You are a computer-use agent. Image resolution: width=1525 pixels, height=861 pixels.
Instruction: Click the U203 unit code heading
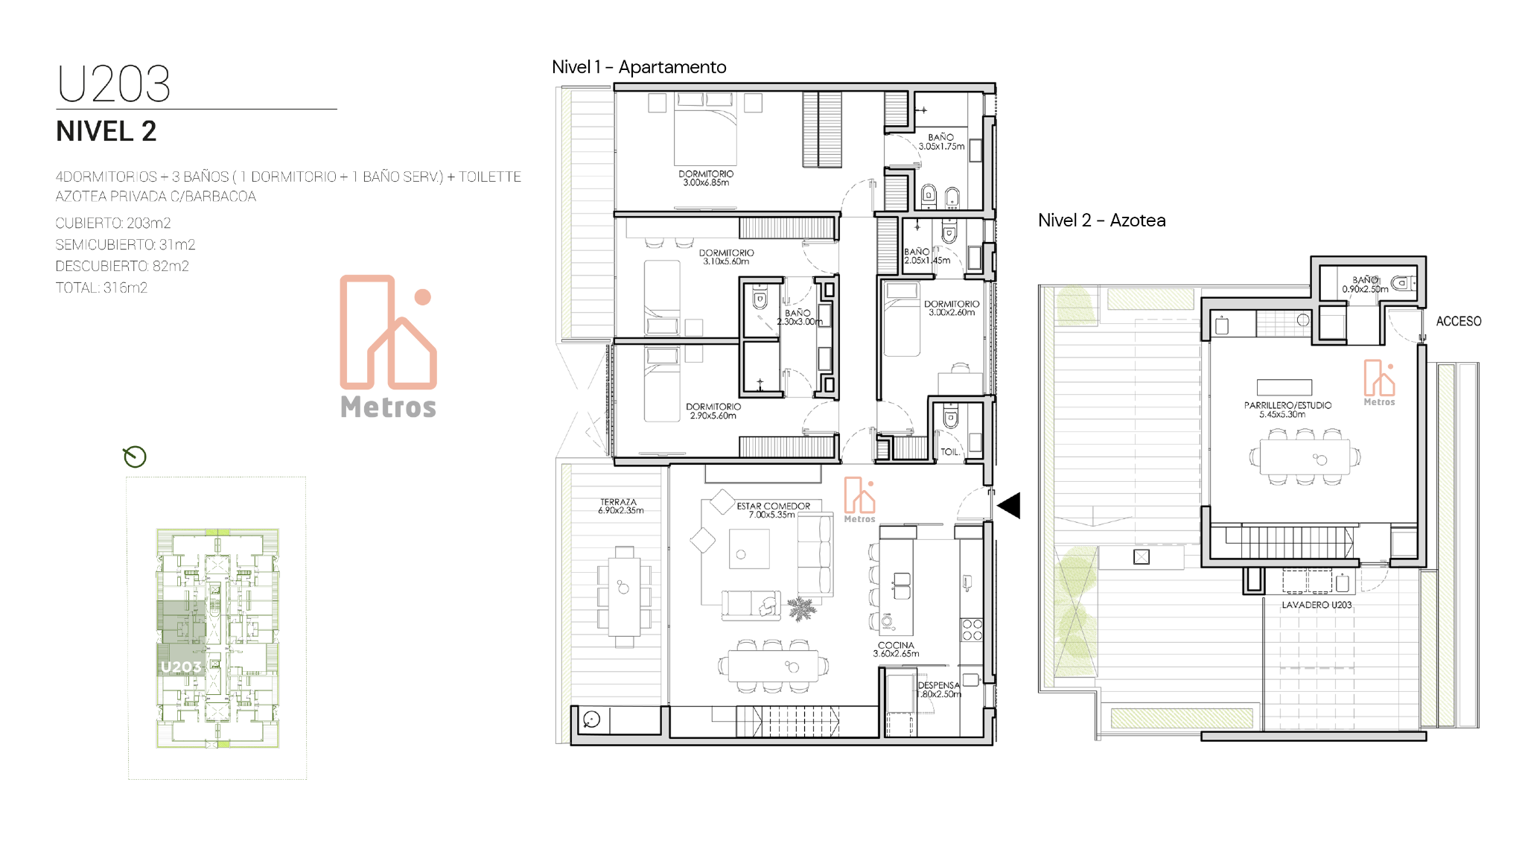click(114, 83)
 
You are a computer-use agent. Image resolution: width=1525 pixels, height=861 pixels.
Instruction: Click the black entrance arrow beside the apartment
click(1009, 506)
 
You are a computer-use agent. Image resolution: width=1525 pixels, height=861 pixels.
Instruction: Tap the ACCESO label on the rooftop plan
click(1459, 321)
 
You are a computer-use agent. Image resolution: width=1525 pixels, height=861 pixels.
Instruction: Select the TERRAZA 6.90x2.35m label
click(620, 506)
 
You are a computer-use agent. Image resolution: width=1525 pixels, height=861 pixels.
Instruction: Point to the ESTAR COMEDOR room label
click(773, 506)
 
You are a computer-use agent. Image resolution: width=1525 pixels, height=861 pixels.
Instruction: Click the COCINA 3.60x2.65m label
click(896, 649)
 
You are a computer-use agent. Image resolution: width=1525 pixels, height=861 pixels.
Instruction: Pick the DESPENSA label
click(938, 685)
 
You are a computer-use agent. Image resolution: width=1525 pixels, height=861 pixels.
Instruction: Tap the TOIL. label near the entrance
click(949, 452)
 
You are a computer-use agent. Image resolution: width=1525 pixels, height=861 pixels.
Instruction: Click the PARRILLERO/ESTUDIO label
click(1287, 405)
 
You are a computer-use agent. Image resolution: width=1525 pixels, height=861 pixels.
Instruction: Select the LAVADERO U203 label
click(1317, 605)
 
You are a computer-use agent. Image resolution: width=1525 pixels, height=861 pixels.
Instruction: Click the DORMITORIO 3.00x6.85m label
click(706, 178)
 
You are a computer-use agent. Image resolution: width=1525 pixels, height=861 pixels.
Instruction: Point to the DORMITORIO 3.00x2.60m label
click(952, 308)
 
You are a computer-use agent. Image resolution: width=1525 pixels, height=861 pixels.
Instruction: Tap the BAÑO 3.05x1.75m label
click(941, 142)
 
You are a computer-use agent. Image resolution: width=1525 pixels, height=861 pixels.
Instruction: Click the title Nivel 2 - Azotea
click(1102, 220)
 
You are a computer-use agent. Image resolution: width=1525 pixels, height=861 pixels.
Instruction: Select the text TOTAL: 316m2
click(101, 287)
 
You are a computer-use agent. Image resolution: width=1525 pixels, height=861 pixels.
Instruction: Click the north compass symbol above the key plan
click(135, 457)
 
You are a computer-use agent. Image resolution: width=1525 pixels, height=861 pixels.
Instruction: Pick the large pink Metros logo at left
click(388, 346)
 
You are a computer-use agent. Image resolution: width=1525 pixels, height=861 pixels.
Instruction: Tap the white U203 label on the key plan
click(181, 667)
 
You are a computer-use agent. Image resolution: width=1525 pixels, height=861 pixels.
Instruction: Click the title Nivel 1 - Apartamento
click(639, 67)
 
